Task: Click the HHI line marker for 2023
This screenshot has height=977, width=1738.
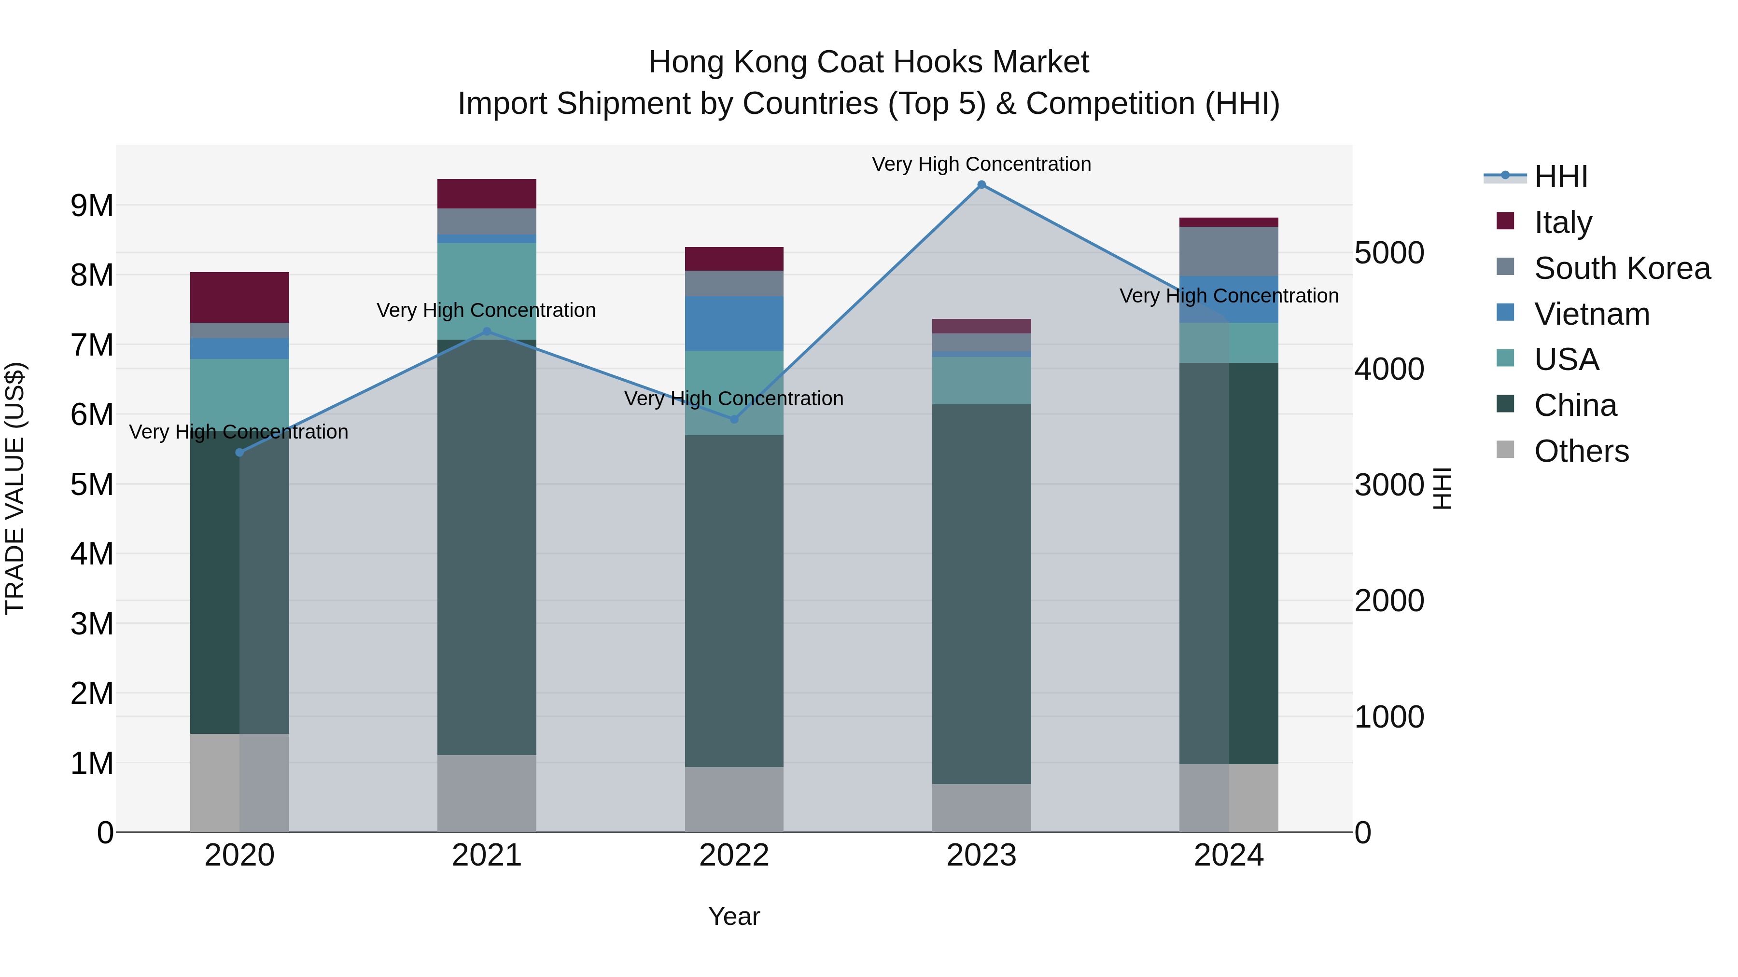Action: (981, 185)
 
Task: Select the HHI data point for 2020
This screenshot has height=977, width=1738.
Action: (239, 453)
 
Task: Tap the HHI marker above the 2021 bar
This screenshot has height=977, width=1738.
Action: (487, 332)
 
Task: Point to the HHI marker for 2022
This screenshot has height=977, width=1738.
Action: (734, 419)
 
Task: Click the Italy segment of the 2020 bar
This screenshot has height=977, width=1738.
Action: (239, 297)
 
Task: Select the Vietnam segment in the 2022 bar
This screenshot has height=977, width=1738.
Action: (734, 324)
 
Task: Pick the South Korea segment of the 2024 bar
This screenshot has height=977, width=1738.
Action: (1229, 251)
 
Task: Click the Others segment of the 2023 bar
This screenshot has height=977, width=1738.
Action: (981, 808)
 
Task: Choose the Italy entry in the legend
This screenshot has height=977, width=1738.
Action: (1563, 222)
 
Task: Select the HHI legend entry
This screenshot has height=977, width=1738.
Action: (1560, 177)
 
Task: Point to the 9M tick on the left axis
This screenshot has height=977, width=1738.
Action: (92, 206)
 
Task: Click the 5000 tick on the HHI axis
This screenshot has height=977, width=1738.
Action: (1389, 253)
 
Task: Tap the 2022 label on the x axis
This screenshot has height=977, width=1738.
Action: (734, 855)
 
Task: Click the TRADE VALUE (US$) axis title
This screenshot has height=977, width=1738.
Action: (15, 488)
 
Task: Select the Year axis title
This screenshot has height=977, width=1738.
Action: (734, 916)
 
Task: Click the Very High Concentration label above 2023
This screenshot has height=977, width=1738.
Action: (981, 165)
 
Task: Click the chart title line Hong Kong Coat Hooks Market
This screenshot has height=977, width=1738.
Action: (869, 62)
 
